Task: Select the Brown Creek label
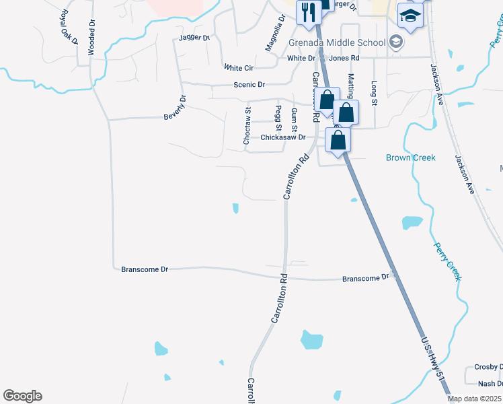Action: tap(410, 158)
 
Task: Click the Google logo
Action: tap(22, 396)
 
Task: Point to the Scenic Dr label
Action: tap(249, 85)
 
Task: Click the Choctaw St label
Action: tap(246, 125)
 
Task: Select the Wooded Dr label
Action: tap(91, 33)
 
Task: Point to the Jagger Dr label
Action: tap(195, 38)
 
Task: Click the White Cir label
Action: tap(239, 68)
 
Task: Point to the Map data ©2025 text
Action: tap(475, 399)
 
